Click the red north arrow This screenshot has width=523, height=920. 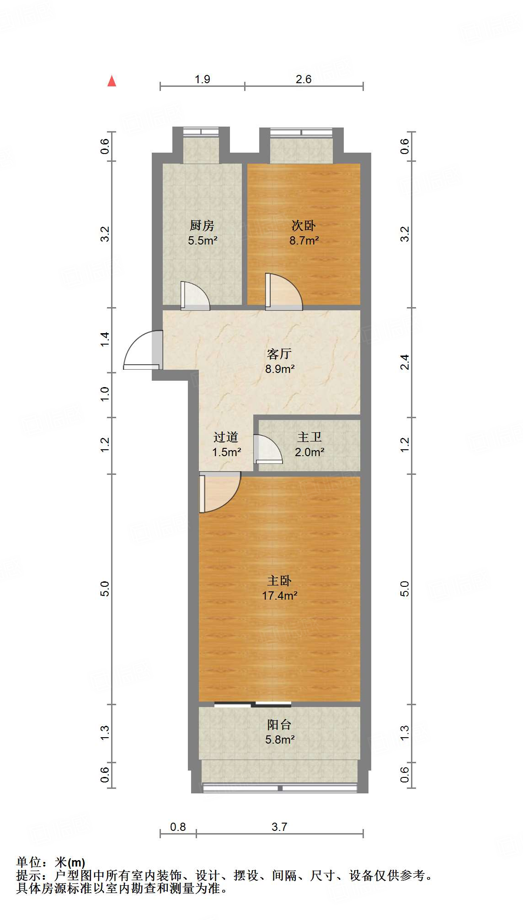(x=112, y=81)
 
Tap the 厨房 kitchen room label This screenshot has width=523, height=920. (x=202, y=225)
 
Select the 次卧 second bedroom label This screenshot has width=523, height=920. (x=304, y=225)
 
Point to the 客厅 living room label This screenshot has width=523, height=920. (x=279, y=354)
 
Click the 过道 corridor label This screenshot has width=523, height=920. (x=226, y=437)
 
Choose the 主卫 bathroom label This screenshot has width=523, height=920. (x=310, y=437)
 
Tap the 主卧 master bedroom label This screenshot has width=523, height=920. (x=279, y=580)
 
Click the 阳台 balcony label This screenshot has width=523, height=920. (x=279, y=724)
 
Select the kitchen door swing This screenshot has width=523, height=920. (x=194, y=296)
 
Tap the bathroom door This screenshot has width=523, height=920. (x=268, y=449)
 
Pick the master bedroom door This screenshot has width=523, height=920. (x=219, y=493)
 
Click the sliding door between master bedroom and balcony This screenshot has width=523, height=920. (x=253, y=704)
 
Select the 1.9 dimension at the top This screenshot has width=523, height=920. (x=202, y=80)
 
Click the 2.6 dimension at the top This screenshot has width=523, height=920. (x=304, y=80)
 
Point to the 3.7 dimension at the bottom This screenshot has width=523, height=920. (x=279, y=827)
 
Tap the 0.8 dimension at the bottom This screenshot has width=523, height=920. (x=178, y=827)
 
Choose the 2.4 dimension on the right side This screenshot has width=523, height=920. (x=405, y=362)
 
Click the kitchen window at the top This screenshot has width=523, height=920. (x=201, y=132)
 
